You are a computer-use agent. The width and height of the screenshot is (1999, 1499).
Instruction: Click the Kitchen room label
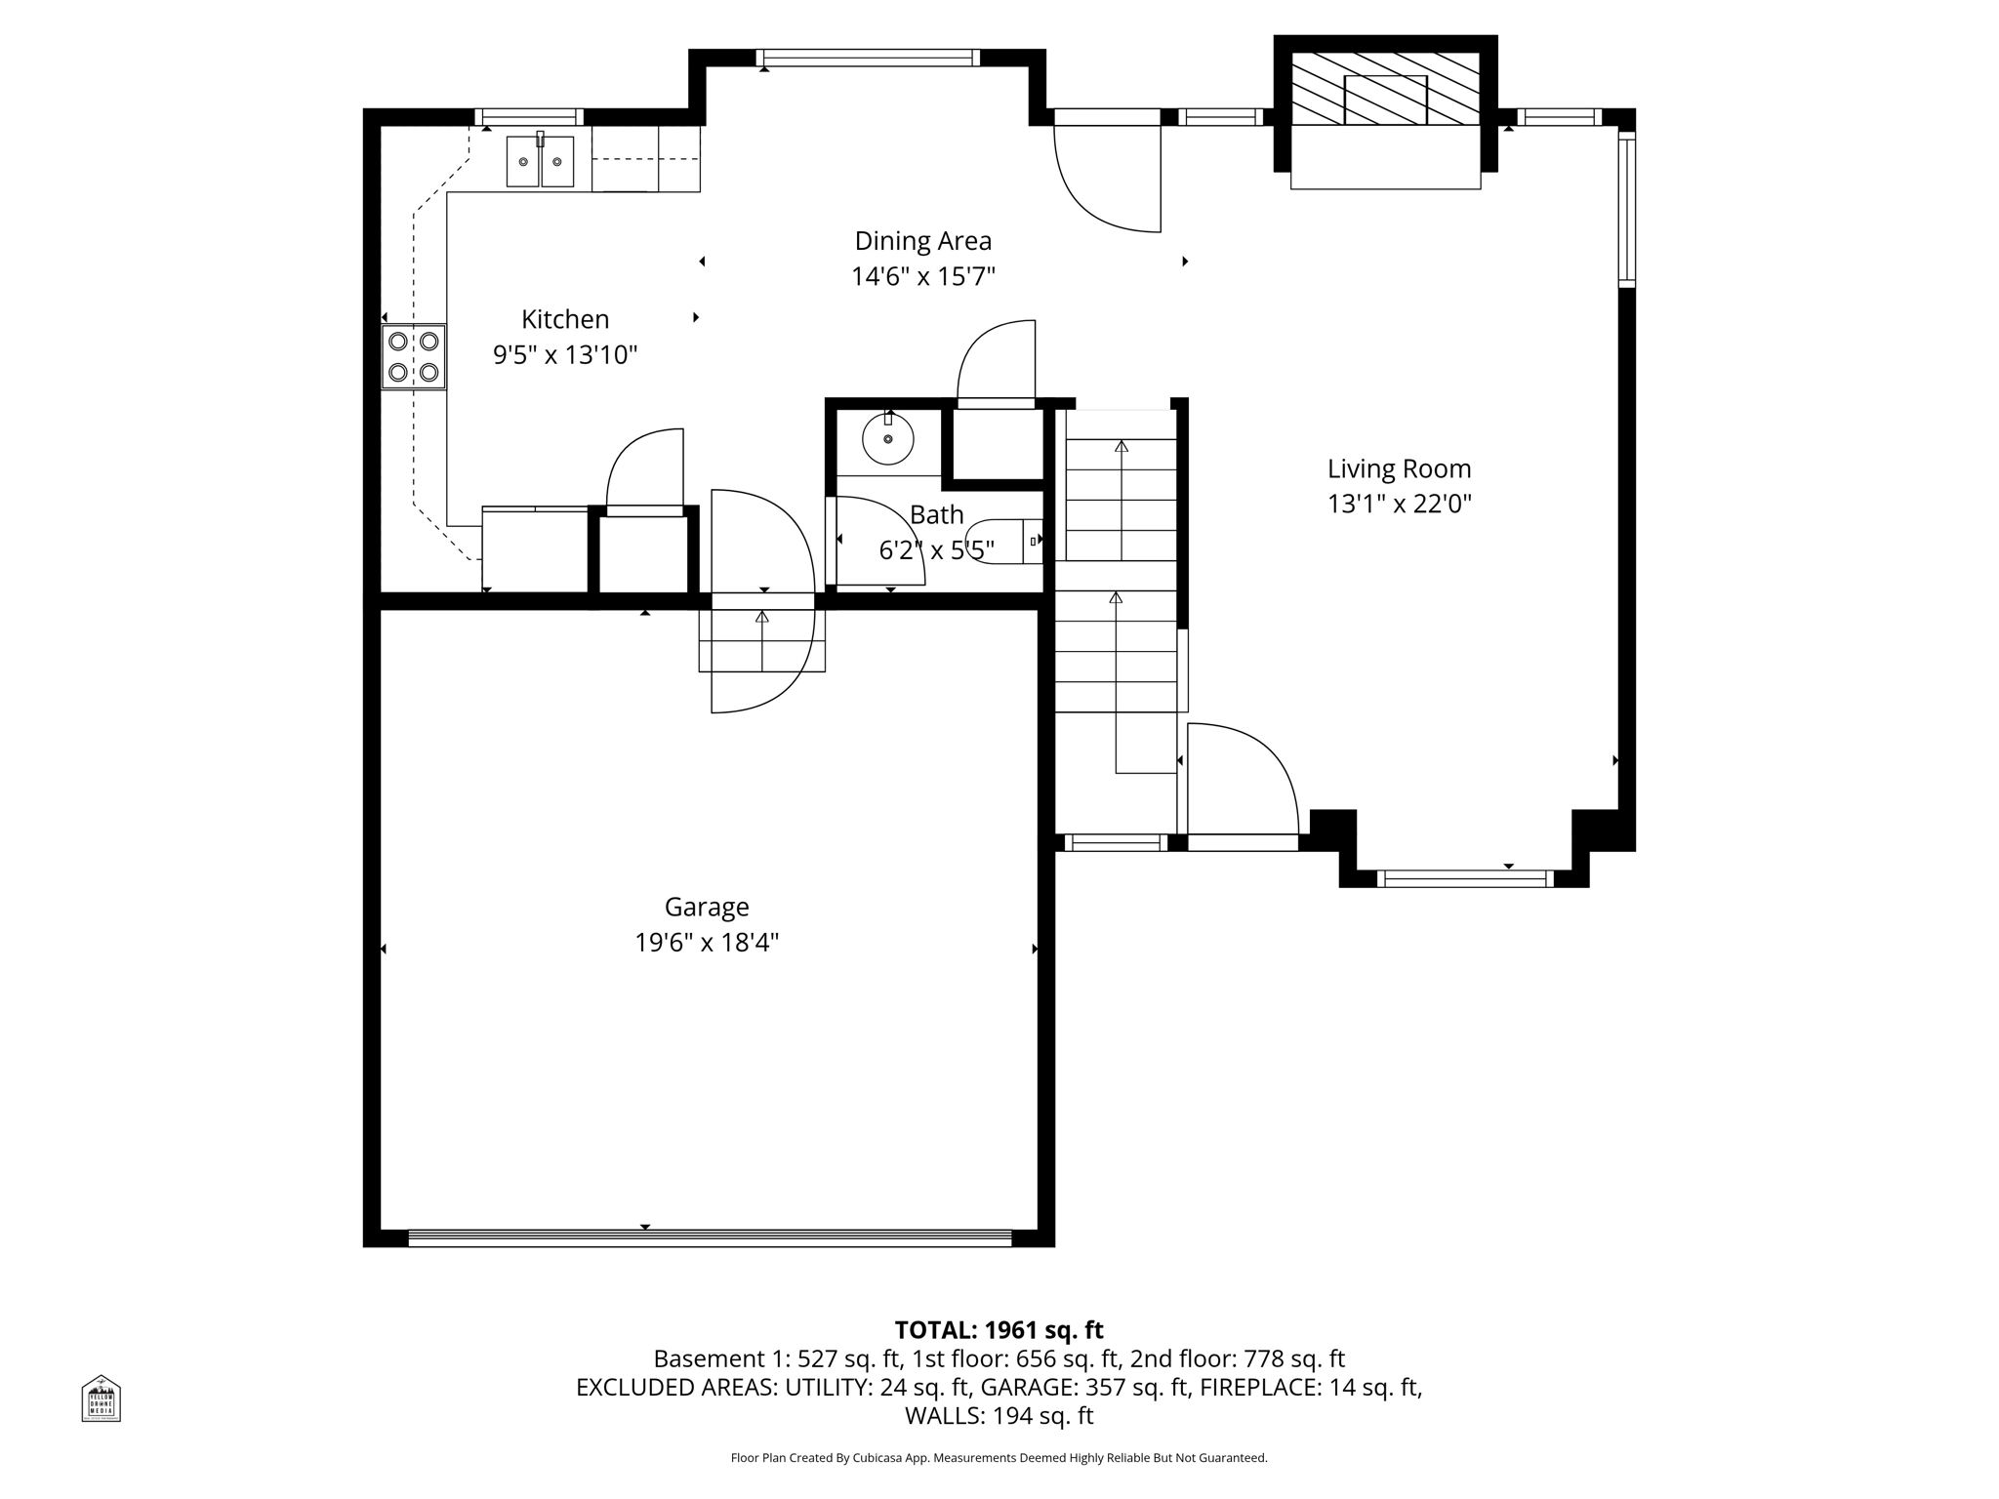click(x=565, y=319)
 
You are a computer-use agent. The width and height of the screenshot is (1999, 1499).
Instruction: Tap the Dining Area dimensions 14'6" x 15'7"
click(x=922, y=277)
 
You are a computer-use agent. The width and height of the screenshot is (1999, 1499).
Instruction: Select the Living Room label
click(x=1399, y=469)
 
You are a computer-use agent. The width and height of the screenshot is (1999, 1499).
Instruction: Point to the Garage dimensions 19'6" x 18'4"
click(x=707, y=943)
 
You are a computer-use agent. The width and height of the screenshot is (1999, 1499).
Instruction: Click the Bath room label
click(x=936, y=514)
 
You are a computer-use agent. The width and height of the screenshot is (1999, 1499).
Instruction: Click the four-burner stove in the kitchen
click(x=413, y=357)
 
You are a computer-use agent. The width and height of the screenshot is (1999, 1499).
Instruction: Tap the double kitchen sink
click(x=540, y=161)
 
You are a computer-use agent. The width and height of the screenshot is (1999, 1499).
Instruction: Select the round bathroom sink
click(x=887, y=439)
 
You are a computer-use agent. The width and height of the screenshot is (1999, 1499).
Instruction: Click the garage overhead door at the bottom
click(x=710, y=1237)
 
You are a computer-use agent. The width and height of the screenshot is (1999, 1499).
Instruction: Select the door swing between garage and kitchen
click(x=761, y=600)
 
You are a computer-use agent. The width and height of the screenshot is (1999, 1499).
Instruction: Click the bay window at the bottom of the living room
click(x=1464, y=878)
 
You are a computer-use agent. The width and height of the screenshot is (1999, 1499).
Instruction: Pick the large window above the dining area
click(x=868, y=58)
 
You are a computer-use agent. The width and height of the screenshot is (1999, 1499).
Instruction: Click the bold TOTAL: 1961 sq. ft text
click(x=999, y=1330)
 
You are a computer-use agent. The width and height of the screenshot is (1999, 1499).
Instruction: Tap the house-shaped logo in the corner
click(x=101, y=1398)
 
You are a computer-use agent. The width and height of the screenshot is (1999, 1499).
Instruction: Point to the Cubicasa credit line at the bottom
click(x=999, y=1458)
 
